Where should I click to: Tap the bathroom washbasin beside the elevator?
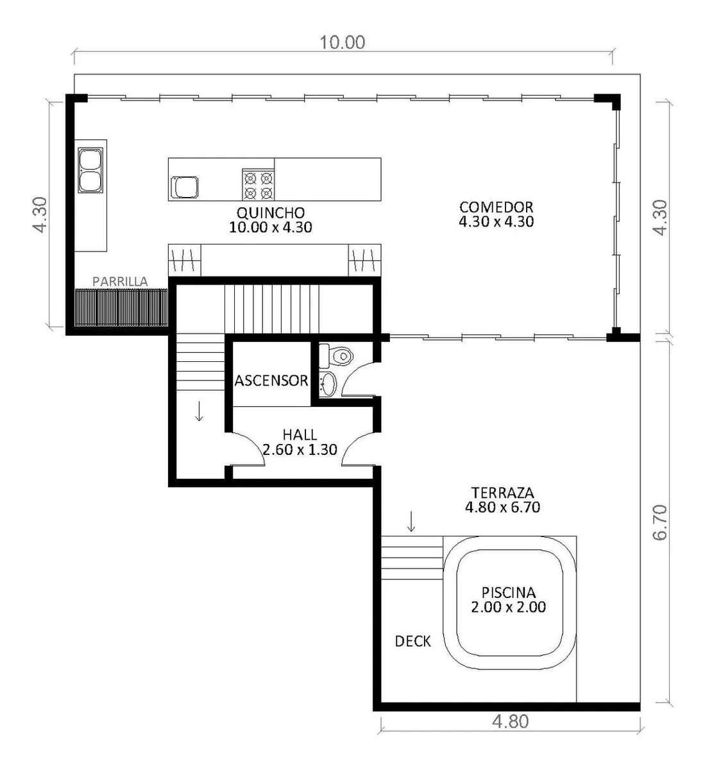328,384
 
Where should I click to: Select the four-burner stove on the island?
258,185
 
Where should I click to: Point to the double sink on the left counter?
90,170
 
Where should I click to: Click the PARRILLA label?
120,282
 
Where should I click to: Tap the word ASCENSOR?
271,381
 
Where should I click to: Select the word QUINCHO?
271,212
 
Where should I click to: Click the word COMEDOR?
497,207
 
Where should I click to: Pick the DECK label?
413,642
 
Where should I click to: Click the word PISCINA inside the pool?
509,593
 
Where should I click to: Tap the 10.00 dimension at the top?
343,42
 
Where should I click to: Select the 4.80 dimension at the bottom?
511,722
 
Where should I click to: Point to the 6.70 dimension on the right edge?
659,522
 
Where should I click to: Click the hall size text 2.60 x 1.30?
300,449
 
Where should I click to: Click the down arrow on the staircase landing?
199,411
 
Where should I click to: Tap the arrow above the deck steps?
411,521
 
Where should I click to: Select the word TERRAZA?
503,493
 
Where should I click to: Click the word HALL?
300,435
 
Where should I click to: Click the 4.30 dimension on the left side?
40,214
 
